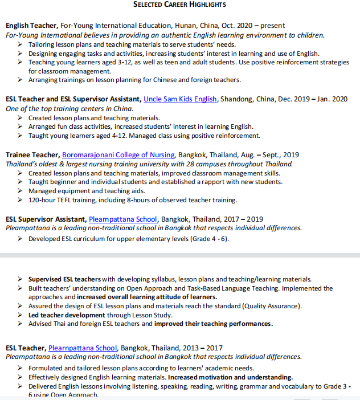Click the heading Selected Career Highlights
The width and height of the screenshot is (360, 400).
pyautogui.click(x=179, y=5)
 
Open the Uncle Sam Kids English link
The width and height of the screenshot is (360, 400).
pyautogui.click(x=180, y=99)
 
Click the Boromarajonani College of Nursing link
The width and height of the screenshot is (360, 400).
pyautogui.click(x=119, y=155)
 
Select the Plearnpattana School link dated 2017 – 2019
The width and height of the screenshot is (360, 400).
pyautogui.click(x=122, y=219)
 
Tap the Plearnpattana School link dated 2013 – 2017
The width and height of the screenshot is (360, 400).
pyautogui.click(x=83, y=348)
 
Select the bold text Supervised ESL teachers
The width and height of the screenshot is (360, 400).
pyautogui.click(x=65, y=279)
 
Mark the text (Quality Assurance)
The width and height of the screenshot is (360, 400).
pyautogui.click(x=270, y=306)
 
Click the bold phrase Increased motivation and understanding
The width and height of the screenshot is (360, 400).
pyautogui.click(x=230, y=377)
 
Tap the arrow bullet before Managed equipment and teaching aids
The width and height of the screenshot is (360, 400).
pyautogui.click(x=21, y=191)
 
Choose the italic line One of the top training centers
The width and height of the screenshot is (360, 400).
pyautogui.click(x=69, y=108)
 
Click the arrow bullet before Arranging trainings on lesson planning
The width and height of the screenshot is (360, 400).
pyautogui.click(x=21, y=80)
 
